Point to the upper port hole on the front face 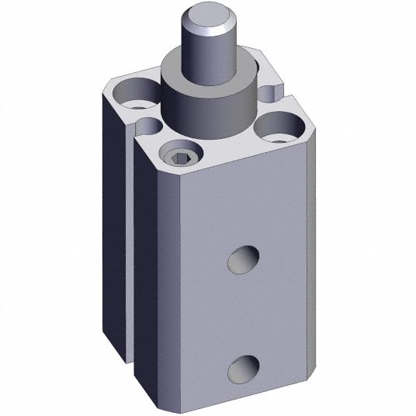pos(244,259)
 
